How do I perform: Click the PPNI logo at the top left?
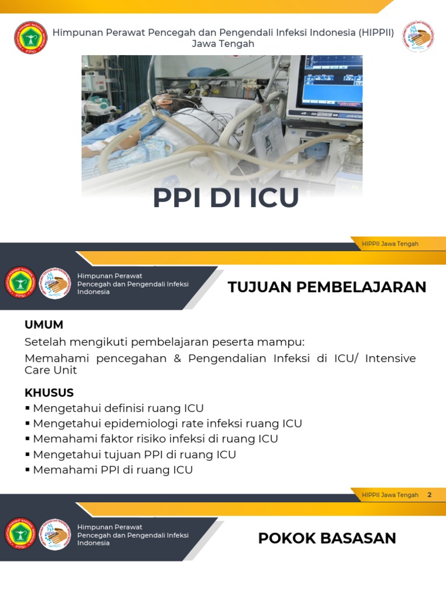(x=29, y=39)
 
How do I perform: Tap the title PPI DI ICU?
(x=226, y=198)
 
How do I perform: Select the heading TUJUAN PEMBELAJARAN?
(x=327, y=287)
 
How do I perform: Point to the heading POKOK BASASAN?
(x=327, y=538)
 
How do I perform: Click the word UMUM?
(x=44, y=325)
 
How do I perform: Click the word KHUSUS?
(x=49, y=393)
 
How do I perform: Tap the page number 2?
(x=430, y=495)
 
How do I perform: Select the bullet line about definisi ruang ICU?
(x=118, y=408)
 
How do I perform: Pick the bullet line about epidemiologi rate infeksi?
(x=167, y=423)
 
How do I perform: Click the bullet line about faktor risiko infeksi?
(x=155, y=439)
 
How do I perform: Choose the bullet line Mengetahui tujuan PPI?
(x=134, y=454)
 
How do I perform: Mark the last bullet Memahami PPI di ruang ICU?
(x=113, y=470)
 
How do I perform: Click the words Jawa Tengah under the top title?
(x=223, y=44)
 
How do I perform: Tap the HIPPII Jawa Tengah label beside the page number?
(x=390, y=495)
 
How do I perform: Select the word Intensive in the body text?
(x=390, y=358)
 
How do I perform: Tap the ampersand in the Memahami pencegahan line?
(x=178, y=358)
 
